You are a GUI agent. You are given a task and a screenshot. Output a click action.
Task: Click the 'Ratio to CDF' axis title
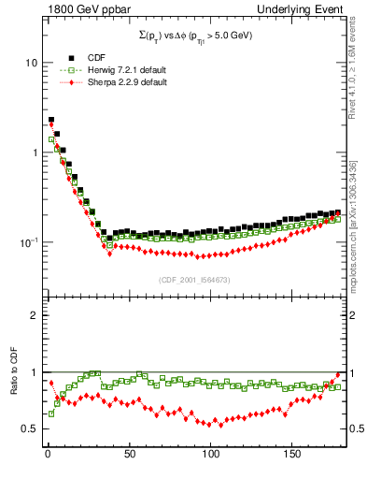(14, 386)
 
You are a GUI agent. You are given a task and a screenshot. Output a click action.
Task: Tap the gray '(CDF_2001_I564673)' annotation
(192, 280)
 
